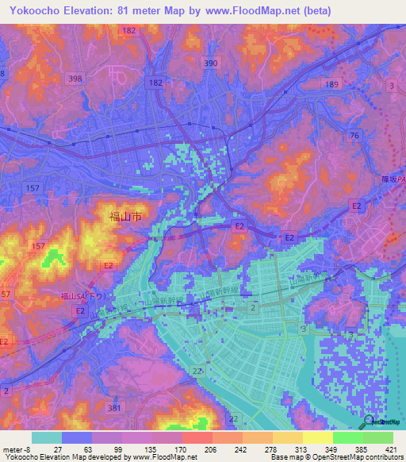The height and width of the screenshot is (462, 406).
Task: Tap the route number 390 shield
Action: (x=210, y=64)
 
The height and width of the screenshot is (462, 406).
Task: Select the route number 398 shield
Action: (x=75, y=78)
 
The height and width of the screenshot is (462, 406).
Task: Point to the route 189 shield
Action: (x=332, y=84)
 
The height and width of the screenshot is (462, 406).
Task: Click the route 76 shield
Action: (x=354, y=136)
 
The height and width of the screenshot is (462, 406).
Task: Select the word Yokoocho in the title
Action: (x=36, y=11)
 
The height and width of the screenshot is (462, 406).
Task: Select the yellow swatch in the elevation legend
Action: (x=317, y=437)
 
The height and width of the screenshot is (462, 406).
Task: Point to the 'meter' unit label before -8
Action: (x=12, y=449)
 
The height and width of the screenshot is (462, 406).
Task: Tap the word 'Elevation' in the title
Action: (x=100, y=11)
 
